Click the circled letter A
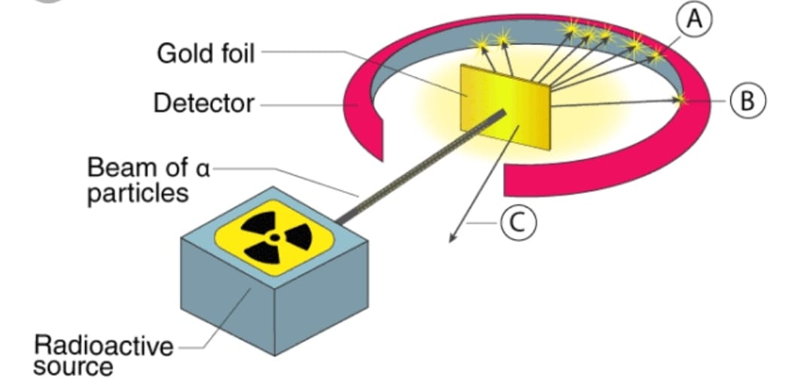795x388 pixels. [694, 20]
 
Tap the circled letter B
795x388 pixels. [748, 101]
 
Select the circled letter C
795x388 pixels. [518, 223]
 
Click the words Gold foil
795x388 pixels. [206, 53]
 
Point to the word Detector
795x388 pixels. [204, 103]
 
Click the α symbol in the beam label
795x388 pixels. [202, 168]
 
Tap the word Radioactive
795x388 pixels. [103, 347]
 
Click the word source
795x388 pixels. [73, 367]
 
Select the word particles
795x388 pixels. [138, 194]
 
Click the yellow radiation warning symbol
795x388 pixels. [274, 237]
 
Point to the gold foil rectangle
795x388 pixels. [505, 107]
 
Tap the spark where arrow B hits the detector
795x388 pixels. [681, 99]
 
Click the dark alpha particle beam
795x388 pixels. [420, 166]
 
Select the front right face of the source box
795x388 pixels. [321, 299]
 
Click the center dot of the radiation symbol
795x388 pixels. [274, 237]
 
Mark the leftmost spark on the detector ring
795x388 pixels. [481, 44]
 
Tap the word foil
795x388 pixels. [234, 53]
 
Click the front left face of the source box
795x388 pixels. [227, 296]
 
